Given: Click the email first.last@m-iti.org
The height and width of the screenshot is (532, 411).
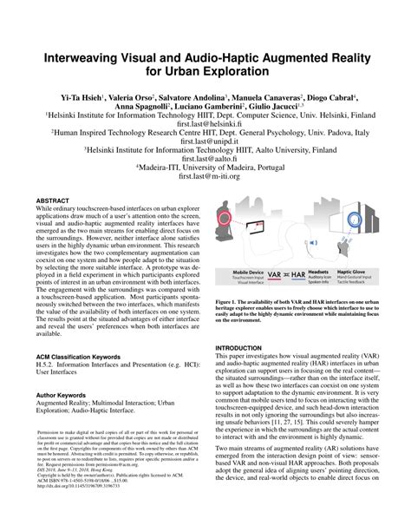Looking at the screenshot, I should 205,199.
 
